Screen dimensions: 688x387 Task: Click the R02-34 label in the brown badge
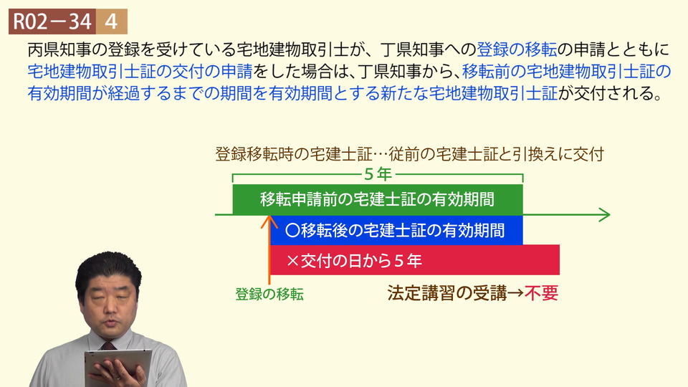pos(52,21)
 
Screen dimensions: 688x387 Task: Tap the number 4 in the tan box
pos(112,21)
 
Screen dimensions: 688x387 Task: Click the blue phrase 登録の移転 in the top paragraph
pos(517,49)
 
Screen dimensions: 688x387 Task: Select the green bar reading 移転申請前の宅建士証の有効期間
pos(378,200)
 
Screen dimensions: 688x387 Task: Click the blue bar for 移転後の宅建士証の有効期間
pos(396,230)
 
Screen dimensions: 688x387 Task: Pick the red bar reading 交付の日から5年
pos(415,259)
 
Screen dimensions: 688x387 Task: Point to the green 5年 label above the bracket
pos(378,174)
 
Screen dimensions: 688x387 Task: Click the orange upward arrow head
pos(269,221)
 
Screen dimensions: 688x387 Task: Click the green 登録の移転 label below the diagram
pos(269,294)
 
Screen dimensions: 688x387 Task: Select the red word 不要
pos(542,293)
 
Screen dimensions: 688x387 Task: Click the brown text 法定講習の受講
pos(446,293)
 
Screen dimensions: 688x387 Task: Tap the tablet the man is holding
pos(118,367)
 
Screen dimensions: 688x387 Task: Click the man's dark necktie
pos(108,346)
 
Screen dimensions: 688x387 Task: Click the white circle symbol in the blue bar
pos(292,230)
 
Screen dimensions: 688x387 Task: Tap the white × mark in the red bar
pos(292,261)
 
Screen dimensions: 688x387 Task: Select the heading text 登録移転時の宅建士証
pos(294,154)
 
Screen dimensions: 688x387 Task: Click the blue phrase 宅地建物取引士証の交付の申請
pos(140,71)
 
